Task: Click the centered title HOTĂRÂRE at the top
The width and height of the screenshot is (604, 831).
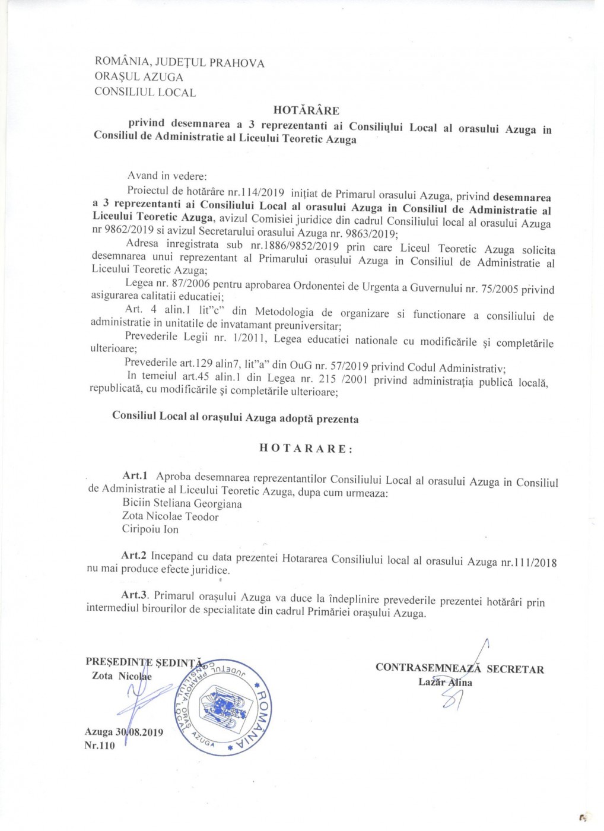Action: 306,110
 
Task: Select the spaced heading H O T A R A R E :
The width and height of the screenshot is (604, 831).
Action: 306,448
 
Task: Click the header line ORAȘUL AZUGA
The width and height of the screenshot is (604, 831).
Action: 139,77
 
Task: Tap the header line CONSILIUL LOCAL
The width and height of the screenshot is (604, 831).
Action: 145,92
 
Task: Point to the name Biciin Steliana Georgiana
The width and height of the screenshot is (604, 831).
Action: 182,503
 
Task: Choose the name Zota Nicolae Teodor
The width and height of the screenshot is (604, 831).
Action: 170,516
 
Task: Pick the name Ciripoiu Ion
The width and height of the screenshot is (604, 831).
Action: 150,529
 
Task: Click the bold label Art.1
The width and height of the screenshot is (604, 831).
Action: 135,475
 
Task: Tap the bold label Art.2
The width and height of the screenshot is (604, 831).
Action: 133,556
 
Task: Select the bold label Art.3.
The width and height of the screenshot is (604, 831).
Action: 134,595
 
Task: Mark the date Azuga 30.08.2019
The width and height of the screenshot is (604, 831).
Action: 124,732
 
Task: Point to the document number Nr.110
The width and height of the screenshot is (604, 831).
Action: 100,746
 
